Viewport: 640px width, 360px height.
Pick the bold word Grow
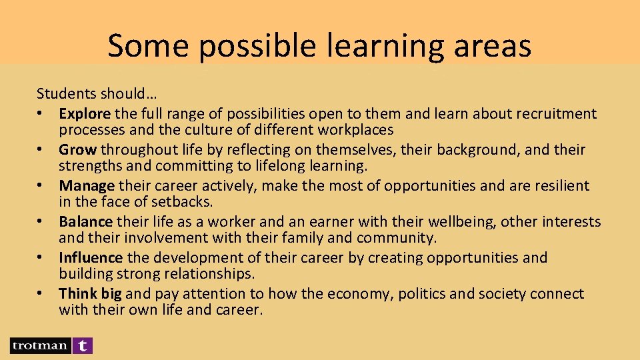tap(77, 150)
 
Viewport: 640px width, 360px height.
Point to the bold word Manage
tap(87, 185)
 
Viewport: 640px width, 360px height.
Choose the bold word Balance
tap(86, 221)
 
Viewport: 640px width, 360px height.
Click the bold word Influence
tap(91, 257)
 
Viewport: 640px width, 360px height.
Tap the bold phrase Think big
tap(90, 293)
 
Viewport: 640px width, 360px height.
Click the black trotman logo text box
tap(39, 345)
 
